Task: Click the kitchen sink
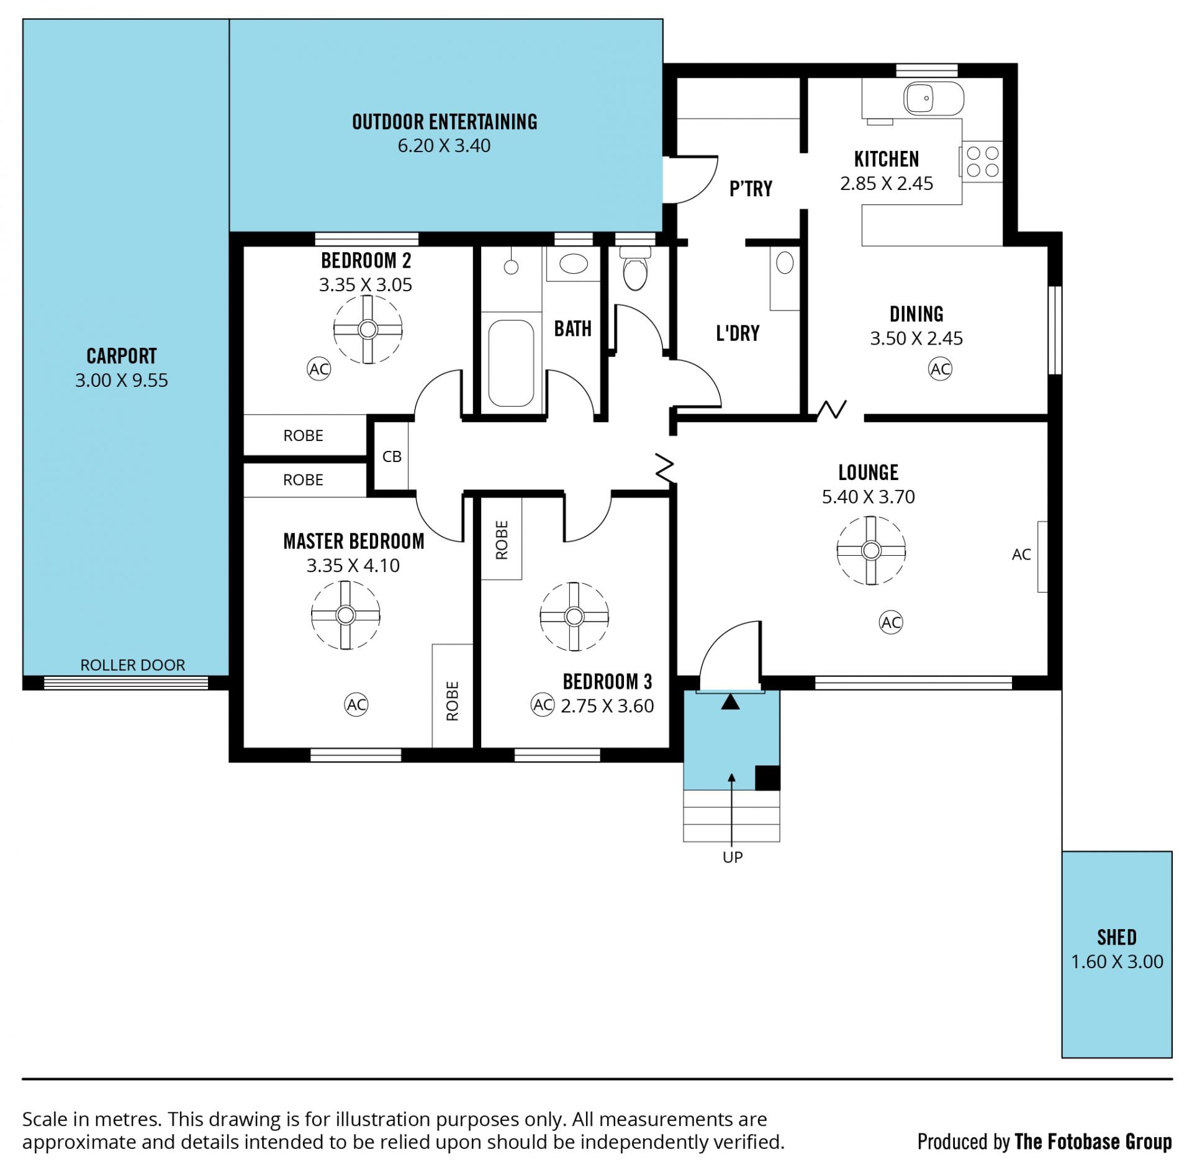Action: tap(934, 98)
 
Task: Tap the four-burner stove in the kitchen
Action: tap(982, 161)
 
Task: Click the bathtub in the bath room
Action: tap(511, 363)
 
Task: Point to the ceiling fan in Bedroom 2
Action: tap(368, 329)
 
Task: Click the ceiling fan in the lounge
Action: tap(871, 550)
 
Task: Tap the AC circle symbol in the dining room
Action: tap(940, 369)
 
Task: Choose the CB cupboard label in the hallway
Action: tap(392, 456)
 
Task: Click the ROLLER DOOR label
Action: tap(133, 665)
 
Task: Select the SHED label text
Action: tap(1116, 937)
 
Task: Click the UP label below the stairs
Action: tap(733, 858)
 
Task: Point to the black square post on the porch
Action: tap(767, 778)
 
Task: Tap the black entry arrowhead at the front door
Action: tap(731, 702)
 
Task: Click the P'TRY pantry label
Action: tap(751, 189)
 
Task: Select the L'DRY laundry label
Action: tap(738, 333)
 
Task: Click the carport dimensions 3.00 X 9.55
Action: tap(122, 380)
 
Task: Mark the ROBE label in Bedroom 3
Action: tap(502, 540)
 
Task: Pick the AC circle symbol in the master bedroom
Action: tap(356, 704)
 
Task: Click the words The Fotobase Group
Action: tap(1093, 1141)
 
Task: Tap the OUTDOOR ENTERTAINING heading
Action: tap(445, 122)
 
